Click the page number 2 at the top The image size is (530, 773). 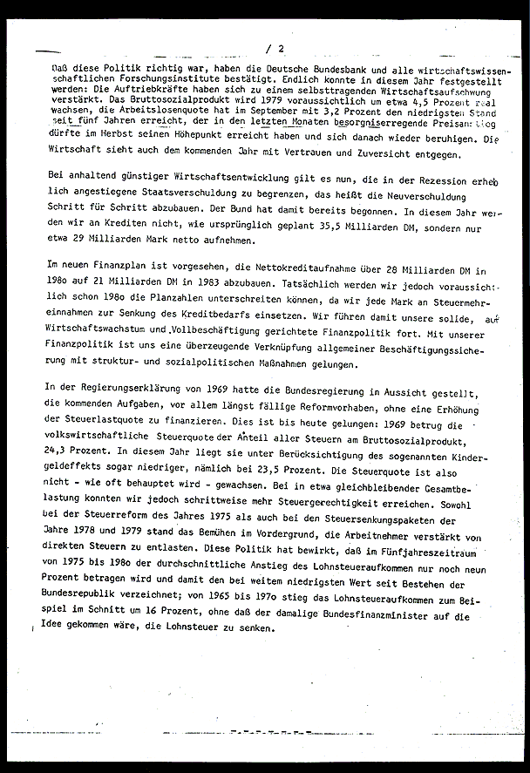281,49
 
